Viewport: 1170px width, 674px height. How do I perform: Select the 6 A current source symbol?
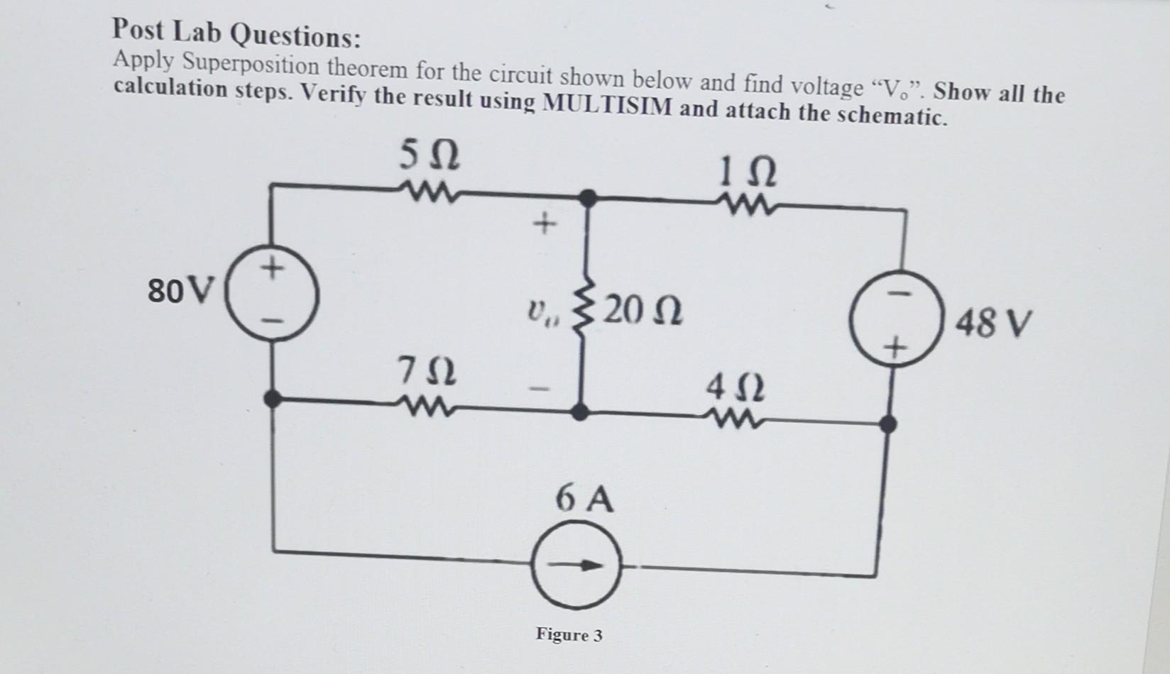[x=576, y=565]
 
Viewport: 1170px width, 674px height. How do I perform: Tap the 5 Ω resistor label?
[x=429, y=155]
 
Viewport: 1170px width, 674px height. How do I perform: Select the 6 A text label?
[x=584, y=499]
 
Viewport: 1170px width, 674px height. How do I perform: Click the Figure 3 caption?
[x=569, y=634]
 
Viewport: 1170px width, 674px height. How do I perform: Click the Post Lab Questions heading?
[x=236, y=33]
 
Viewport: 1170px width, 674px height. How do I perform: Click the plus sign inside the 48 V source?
[x=896, y=348]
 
